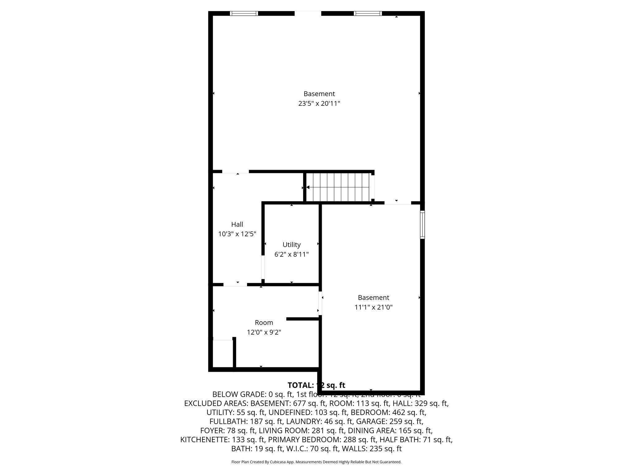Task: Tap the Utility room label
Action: point(291,245)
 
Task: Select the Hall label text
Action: point(237,224)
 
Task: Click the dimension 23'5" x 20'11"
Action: point(319,104)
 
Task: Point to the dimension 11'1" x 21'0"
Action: point(373,307)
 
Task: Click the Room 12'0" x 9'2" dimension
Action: point(264,332)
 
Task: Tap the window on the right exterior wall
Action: point(422,225)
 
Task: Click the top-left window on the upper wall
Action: point(244,13)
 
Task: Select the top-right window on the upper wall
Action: point(367,13)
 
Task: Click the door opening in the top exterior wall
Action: point(308,13)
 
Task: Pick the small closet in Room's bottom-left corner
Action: point(223,353)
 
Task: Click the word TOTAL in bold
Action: point(300,385)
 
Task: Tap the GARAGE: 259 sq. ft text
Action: point(390,421)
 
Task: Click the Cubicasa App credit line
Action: point(316,462)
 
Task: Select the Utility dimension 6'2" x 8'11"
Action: point(291,255)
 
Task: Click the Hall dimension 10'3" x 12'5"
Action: point(237,234)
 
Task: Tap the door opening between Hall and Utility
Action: point(263,267)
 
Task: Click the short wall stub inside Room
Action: point(303,319)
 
